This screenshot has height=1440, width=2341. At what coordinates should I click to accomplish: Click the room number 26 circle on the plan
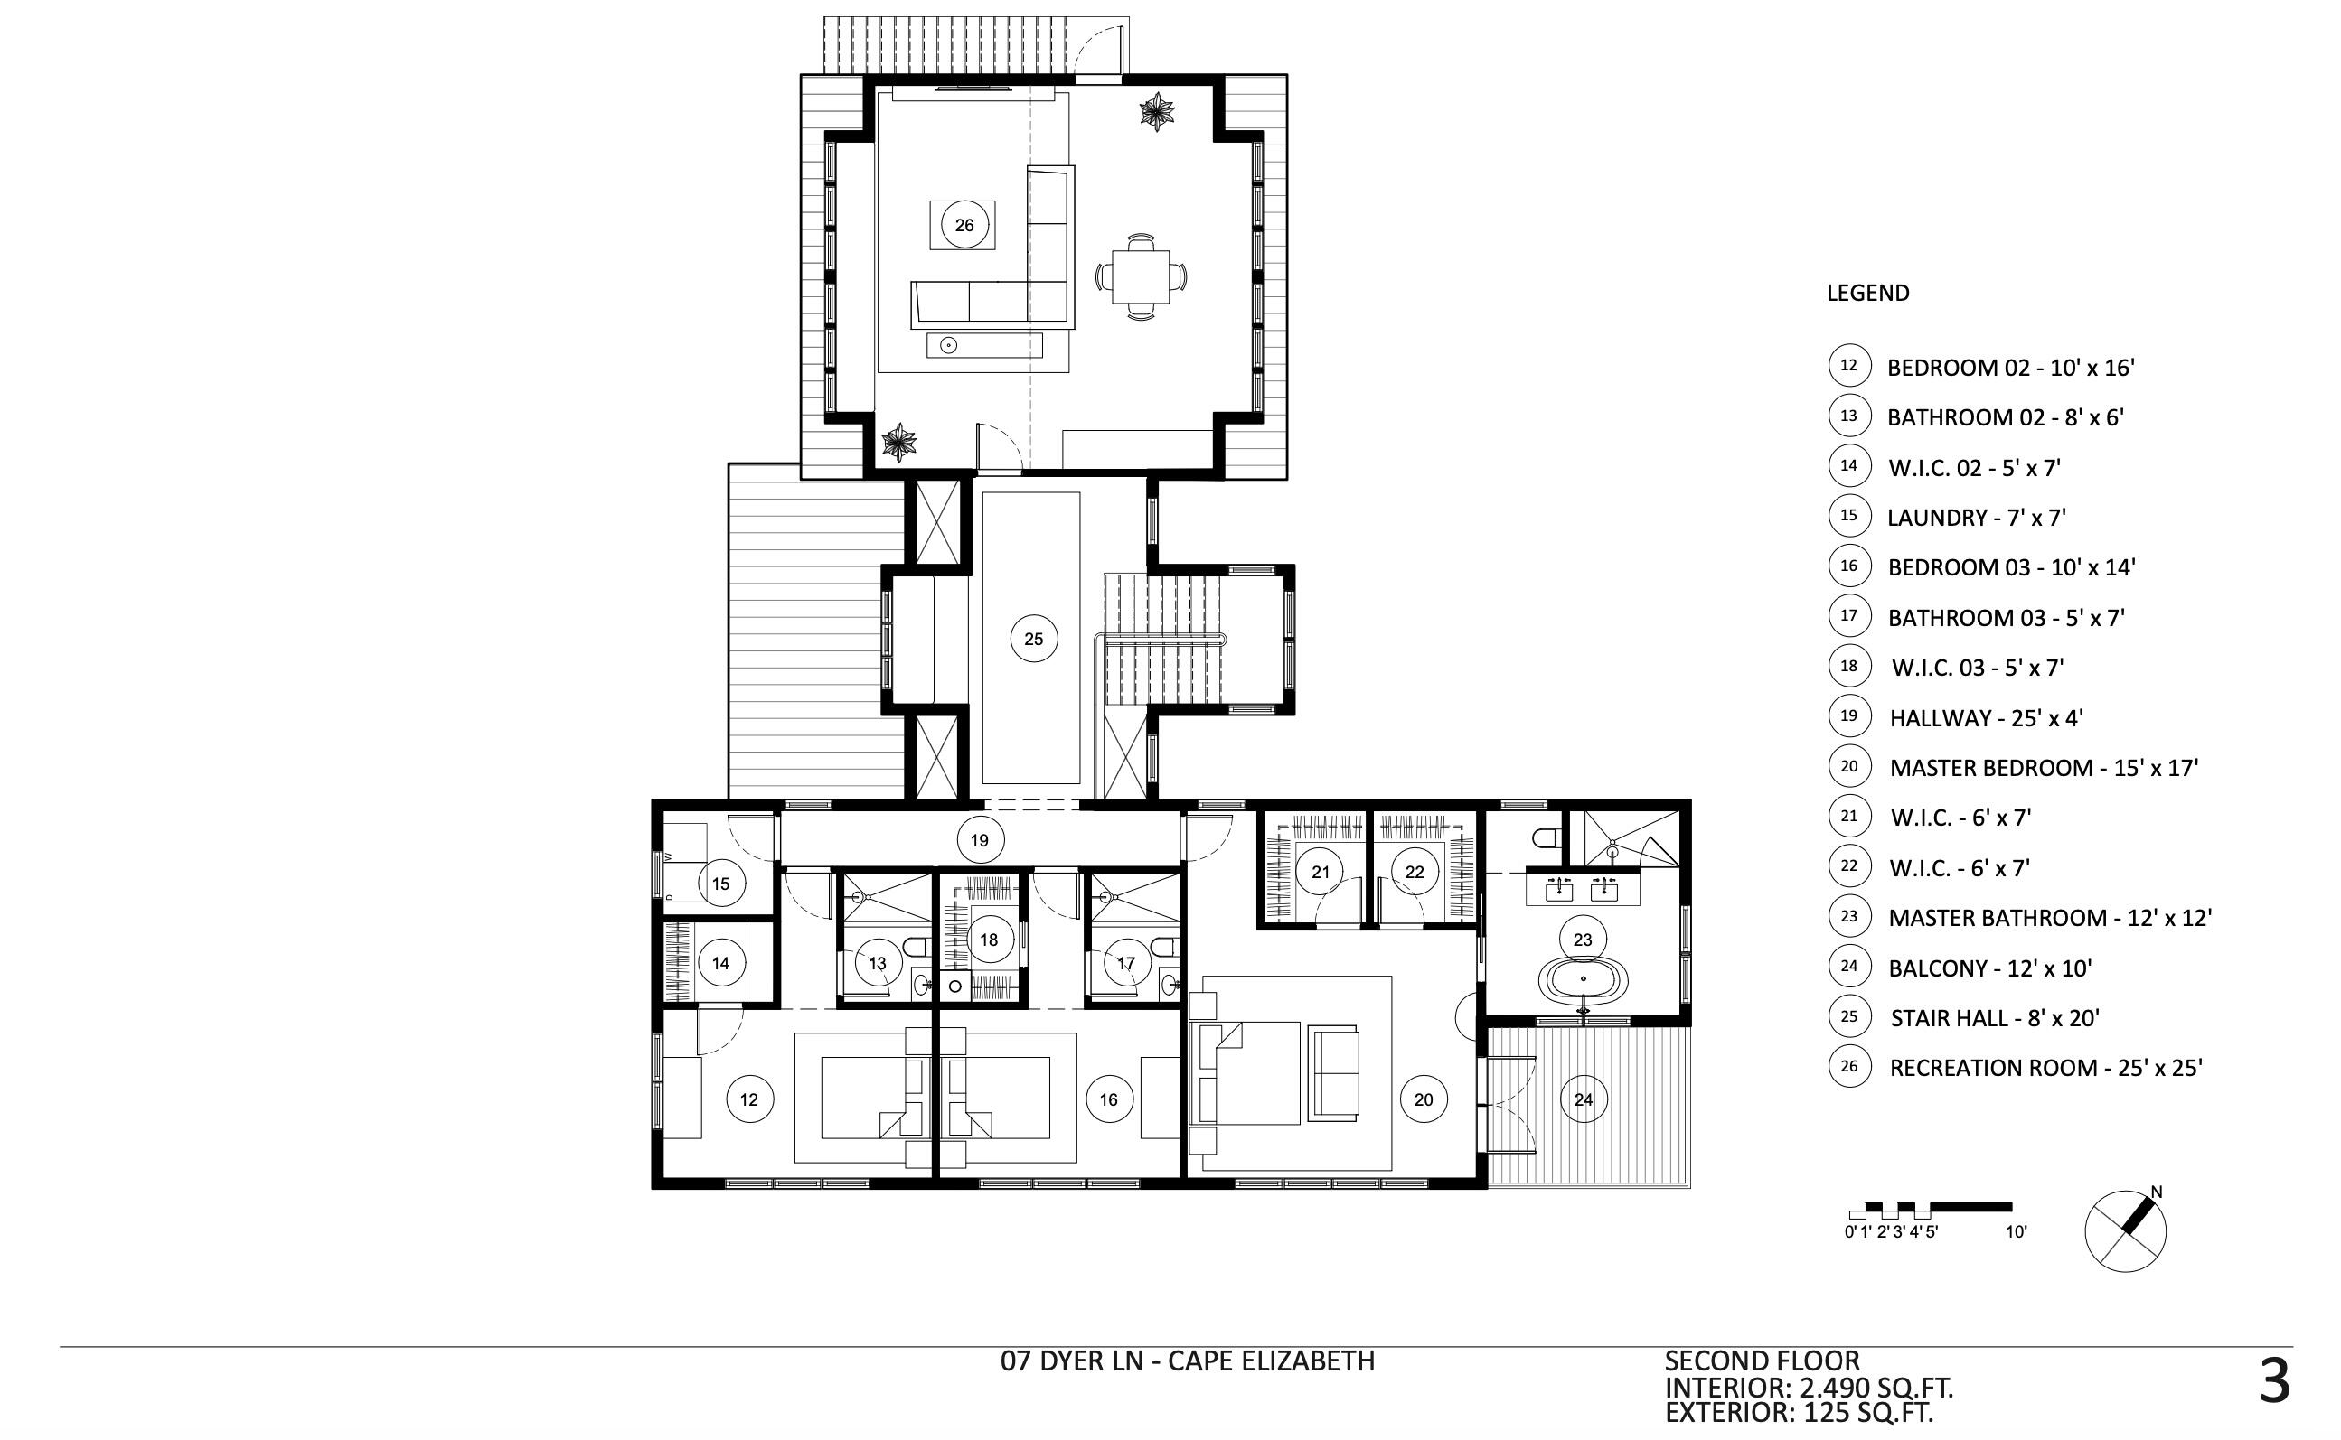[964, 226]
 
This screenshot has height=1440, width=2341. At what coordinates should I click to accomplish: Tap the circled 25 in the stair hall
[1034, 639]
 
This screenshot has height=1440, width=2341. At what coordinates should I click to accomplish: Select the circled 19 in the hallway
[980, 840]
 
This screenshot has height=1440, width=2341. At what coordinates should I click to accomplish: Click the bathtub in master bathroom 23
[1584, 978]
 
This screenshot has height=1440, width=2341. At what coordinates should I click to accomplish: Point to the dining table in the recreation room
[1141, 276]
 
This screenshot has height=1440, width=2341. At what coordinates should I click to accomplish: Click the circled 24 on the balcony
[1584, 1099]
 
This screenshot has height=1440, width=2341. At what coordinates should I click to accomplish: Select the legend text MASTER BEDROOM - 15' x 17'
[2044, 768]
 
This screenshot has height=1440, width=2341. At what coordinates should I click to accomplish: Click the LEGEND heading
[1867, 294]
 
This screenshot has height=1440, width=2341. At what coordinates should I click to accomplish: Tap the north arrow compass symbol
[2126, 1230]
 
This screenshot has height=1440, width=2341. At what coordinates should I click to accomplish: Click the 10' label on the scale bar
[2017, 1231]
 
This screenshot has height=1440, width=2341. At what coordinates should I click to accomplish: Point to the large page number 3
[2274, 1382]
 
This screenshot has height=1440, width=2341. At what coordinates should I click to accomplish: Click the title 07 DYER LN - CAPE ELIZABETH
[1187, 1361]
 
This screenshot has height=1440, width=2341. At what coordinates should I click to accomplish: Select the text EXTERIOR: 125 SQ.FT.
[1799, 1412]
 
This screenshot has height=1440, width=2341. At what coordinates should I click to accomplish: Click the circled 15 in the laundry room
[720, 884]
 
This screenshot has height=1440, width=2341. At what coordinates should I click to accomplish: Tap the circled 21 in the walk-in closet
[1321, 872]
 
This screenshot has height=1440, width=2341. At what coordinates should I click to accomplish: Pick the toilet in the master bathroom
[1545, 838]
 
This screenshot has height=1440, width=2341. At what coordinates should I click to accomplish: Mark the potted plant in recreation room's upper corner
[1157, 112]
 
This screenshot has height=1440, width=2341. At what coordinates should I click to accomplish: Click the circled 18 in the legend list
[1848, 666]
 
